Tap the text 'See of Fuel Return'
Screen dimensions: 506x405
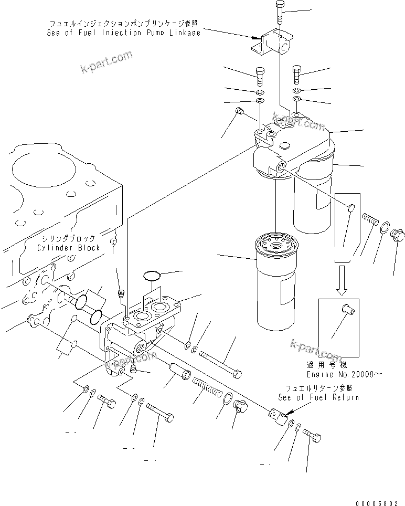point(318,397)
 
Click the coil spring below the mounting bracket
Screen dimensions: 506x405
point(206,389)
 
